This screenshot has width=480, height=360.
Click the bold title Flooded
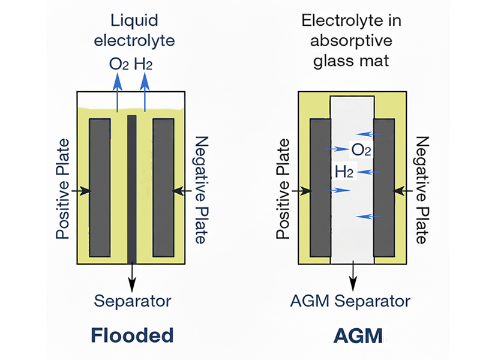(132, 335)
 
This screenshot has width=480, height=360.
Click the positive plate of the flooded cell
(100, 187)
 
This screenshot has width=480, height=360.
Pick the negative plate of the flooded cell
(163, 187)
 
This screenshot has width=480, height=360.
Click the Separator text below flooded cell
(132, 301)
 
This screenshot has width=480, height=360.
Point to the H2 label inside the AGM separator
(344, 172)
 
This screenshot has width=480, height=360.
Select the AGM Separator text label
(351, 301)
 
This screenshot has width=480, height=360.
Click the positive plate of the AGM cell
(320, 187)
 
